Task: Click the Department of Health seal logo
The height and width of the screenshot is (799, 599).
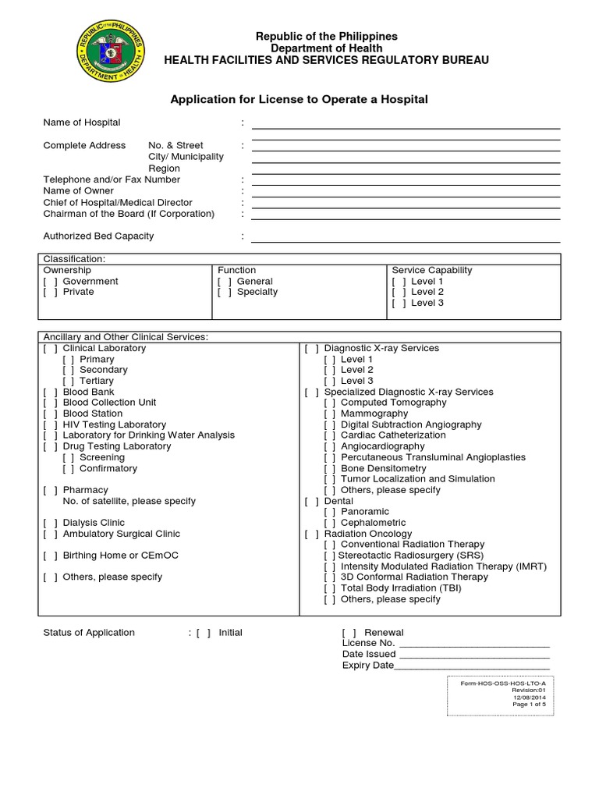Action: (x=111, y=54)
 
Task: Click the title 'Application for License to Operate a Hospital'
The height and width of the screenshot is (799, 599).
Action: (x=299, y=100)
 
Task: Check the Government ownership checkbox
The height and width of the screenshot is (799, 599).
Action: (x=50, y=282)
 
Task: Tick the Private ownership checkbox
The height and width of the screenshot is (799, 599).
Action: (x=50, y=293)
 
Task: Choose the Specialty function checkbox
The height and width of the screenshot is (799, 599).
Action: (x=225, y=293)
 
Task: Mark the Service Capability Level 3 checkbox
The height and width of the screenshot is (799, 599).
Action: (x=399, y=304)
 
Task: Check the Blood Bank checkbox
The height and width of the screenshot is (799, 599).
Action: (x=50, y=392)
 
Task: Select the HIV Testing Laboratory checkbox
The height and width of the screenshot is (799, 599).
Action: (x=50, y=425)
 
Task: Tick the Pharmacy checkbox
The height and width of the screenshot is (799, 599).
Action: (x=50, y=491)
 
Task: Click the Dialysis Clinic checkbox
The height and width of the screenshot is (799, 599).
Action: (x=50, y=524)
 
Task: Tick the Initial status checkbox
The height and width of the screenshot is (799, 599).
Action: (x=204, y=633)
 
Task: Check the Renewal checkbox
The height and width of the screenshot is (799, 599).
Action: (x=349, y=633)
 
